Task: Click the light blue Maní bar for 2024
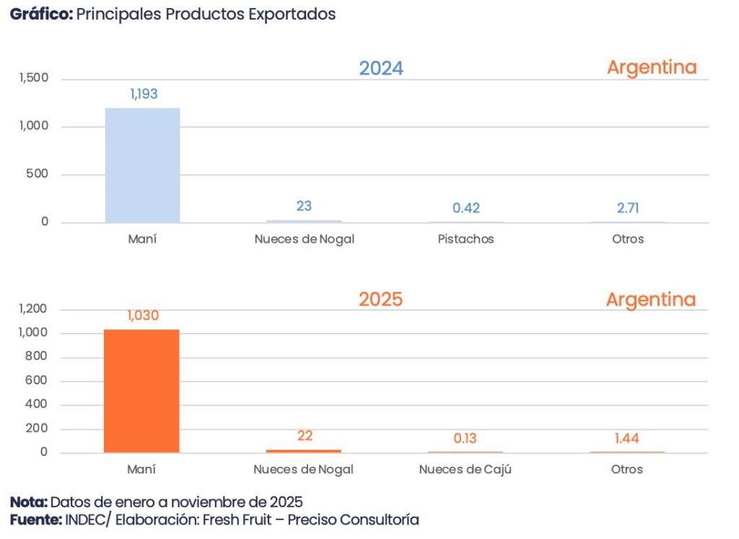pos(142,165)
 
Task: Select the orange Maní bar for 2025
pos(141,391)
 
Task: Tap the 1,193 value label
pos(144,94)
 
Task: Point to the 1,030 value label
pos(143,316)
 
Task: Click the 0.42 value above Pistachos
pos(466,208)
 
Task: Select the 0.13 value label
pos(465,439)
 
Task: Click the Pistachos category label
pos(465,239)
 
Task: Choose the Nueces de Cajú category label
pos(465,470)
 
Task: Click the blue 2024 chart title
pos(381,69)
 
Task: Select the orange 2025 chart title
pos(380,299)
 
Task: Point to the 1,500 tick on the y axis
pos(34,79)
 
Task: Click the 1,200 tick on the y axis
pos(34,309)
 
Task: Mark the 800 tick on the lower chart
pos(38,357)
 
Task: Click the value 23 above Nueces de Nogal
pos(304,206)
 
